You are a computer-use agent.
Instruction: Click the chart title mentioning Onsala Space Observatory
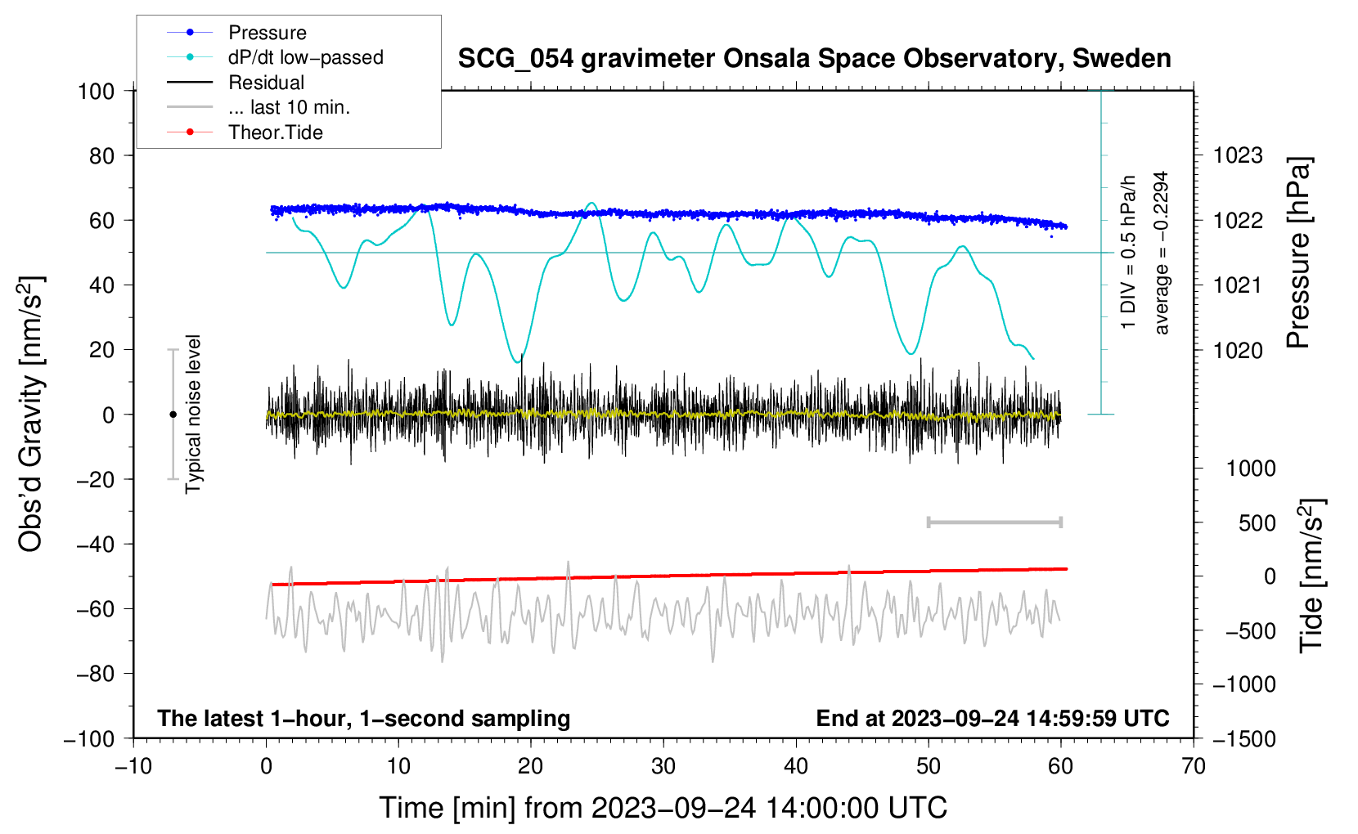(814, 59)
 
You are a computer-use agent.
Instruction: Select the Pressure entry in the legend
(267, 33)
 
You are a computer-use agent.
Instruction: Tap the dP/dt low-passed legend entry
(305, 57)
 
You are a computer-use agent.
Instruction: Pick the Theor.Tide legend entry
(275, 132)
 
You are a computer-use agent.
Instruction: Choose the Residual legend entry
(266, 83)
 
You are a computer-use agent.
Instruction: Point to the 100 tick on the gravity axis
(96, 91)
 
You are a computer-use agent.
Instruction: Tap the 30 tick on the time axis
(663, 766)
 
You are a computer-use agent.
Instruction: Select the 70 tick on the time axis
(1194, 766)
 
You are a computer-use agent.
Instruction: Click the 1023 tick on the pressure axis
(1238, 155)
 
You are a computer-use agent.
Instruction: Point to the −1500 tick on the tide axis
(1243, 739)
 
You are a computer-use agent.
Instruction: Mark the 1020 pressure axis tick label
(1238, 351)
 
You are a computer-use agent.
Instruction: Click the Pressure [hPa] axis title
(1298, 253)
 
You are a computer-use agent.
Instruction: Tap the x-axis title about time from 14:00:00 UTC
(663, 808)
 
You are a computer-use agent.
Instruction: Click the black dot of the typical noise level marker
(173, 415)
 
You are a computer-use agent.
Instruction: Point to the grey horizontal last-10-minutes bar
(994, 522)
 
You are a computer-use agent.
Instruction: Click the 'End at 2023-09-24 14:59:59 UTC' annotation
(992, 719)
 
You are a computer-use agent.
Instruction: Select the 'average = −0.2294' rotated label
(1161, 253)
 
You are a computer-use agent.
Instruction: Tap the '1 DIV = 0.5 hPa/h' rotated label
(1129, 252)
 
